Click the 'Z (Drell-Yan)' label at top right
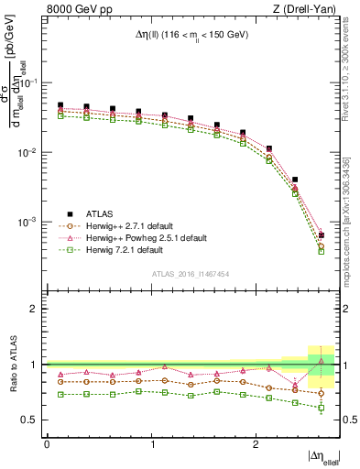point(306,10)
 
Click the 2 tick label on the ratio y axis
point(36,309)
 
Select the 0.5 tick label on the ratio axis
point(32,420)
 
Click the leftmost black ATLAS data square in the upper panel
point(60,105)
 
